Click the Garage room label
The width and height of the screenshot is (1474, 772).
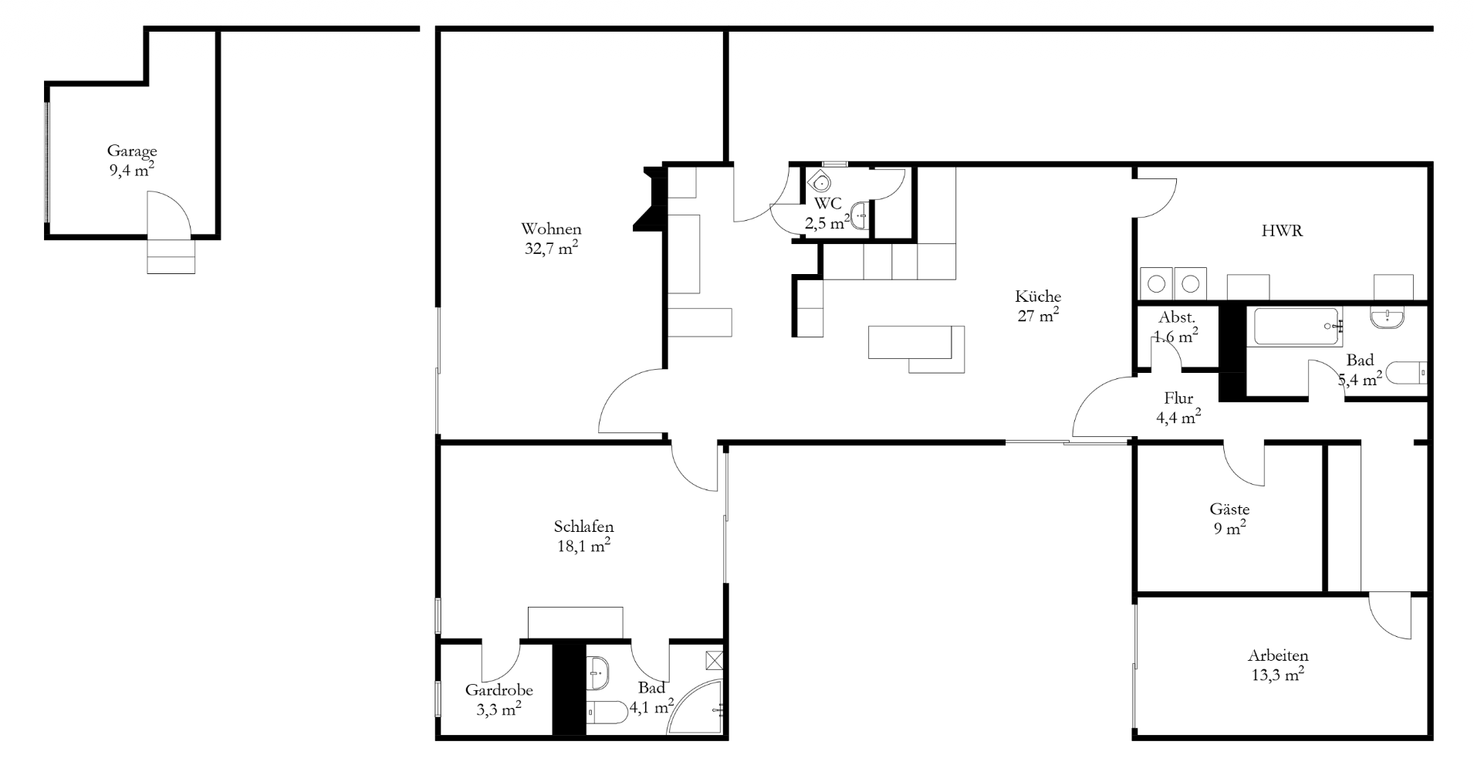(x=132, y=151)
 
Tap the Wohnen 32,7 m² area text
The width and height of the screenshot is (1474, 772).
(x=551, y=248)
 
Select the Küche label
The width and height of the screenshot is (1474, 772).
(x=1038, y=296)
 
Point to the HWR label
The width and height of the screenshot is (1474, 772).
(x=1283, y=230)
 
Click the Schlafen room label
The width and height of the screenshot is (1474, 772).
(x=583, y=527)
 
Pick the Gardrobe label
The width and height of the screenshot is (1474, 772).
(x=499, y=691)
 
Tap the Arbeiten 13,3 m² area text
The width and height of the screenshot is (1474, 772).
(x=1278, y=675)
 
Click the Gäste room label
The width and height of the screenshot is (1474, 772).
(x=1229, y=510)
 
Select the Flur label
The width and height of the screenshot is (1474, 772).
(x=1178, y=398)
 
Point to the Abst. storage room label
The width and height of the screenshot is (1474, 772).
(x=1177, y=317)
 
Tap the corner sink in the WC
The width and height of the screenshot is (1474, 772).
(x=820, y=182)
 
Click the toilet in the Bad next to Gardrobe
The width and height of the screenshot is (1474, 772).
(x=607, y=712)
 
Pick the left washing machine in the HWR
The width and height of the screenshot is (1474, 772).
(x=1156, y=283)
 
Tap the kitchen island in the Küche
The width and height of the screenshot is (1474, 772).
(x=917, y=349)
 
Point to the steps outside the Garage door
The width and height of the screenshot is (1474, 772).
(x=171, y=256)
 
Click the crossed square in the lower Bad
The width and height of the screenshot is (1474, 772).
(x=715, y=660)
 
